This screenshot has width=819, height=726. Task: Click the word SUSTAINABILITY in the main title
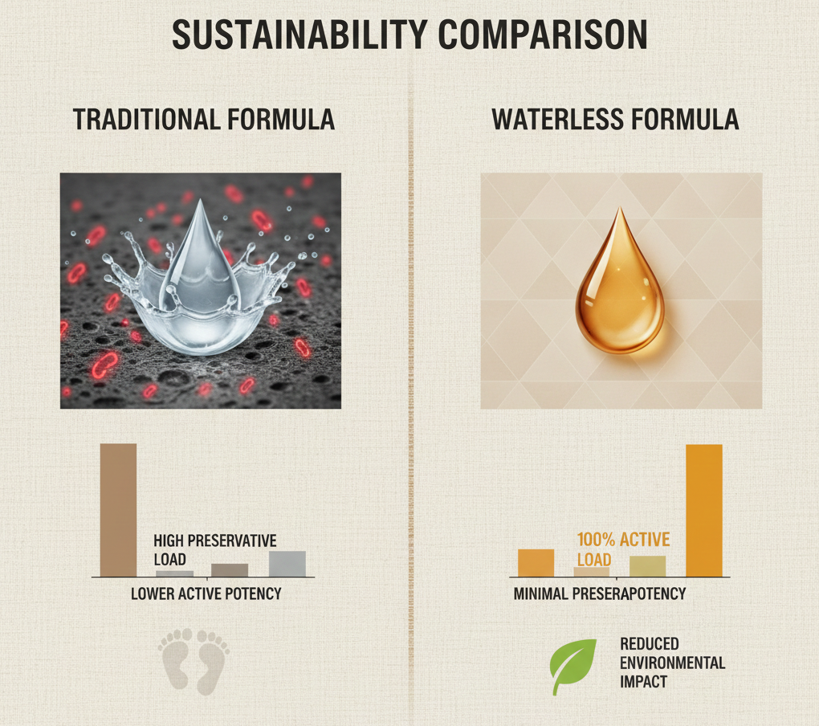click(x=299, y=35)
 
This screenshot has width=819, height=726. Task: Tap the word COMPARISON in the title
click(x=543, y=35)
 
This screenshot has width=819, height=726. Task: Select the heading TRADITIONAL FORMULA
click(x=204, y=120)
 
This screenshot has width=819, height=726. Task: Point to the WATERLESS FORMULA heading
click(x=615, y=120)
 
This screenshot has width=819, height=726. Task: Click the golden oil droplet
click(x=620, y=284)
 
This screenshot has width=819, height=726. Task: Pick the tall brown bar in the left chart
click(x=119, y=510)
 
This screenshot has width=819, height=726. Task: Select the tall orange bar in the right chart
click(x=704, y=511)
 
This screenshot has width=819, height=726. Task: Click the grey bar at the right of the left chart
click(x=287, y=564)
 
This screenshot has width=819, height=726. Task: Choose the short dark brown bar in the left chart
click(x=230, y=570)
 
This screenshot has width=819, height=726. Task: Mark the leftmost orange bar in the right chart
click(x=536, y=563)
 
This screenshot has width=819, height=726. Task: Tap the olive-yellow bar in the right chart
click(x=648, y=566)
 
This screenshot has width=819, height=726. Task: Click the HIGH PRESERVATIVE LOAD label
click(x=214, y=550)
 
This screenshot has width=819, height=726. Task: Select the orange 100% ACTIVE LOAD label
click(x=623, y=549)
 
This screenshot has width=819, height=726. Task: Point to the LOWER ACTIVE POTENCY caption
click(x=206, y=593)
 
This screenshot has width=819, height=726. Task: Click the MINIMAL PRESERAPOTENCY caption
click(x=600, y=593)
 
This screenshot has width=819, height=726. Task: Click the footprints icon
click(x=194, y=661)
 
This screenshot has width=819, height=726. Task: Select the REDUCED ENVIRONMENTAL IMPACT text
click(x=672, y=663)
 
